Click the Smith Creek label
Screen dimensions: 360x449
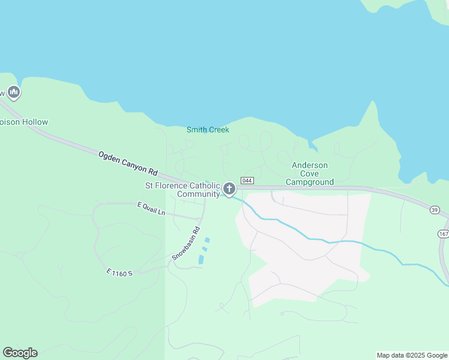(x=208, y=130)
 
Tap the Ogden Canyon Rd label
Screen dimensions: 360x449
(x=127, y=163)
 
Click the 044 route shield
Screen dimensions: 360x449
(x=247, y=180)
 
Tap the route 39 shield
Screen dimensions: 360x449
(x=435, y=209)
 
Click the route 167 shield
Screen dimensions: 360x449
(x=444, y=233)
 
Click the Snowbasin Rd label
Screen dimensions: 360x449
(x=186, y=243)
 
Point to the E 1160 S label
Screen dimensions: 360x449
(x=118, y=273)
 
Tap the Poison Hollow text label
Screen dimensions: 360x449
(x=24, y=122)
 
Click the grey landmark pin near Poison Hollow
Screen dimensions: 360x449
(x=14, y=92)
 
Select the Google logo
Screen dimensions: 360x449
(x=20, y=353)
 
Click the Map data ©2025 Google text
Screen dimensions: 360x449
(x=412, y=355)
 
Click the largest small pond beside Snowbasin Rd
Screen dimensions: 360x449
(x=200, y=260)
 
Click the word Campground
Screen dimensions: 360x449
(x=310, y=182)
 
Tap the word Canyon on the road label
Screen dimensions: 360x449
(x=130, y=164)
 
